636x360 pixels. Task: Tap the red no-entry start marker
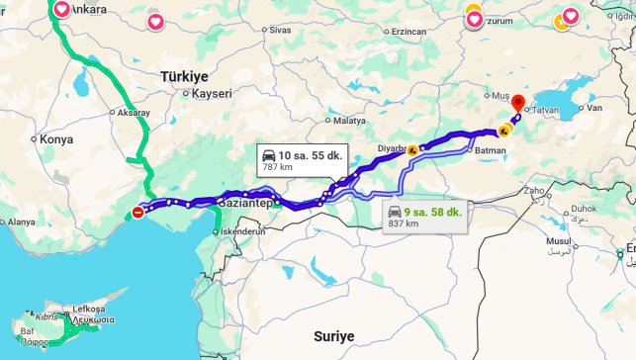pyautogui.click(x=137, y=211)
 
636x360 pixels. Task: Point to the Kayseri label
pyautogui.click(x=212, y=94)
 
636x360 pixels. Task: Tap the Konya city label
pyautogui.click(x=55, y=139)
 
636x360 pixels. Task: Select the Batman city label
pyautogui.click(x=491, y=150)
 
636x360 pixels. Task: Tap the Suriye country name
pyautogui.click(x=333, y=336)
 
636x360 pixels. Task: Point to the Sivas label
pyautogui.click(x=280, y=31)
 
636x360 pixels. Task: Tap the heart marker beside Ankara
pyautogui.click(x=61, y=9)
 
